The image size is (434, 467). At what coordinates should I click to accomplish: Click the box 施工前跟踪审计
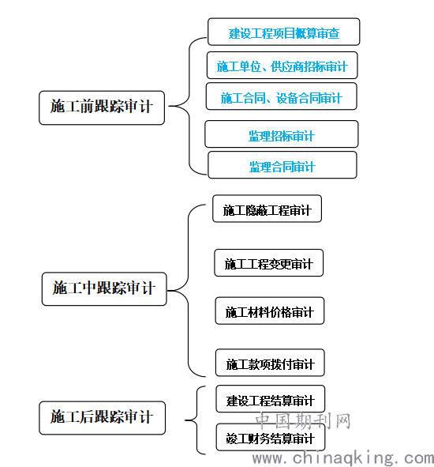(x=102, y=107)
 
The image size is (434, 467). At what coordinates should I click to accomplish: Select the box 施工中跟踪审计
(x=104, y=288)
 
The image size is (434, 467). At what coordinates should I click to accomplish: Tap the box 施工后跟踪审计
(x=102, y=417)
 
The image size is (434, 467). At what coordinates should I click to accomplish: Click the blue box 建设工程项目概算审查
(x=284, y=32)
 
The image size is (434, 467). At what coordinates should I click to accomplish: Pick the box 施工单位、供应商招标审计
(x=282, y=66)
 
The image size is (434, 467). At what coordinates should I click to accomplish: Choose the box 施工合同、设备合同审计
(x=282, y=96)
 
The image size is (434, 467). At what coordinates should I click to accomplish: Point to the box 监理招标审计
(x=282, y=134)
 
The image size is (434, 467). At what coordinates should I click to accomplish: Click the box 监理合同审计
(x=282, y=165)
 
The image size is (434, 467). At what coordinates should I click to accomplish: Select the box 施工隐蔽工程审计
(x=268, y=209)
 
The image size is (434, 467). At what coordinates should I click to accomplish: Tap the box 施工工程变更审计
(x=268, y=262)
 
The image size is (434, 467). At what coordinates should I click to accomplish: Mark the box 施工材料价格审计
(x=270, y=311)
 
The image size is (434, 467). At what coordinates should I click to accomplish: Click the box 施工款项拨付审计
(x=270, y=363)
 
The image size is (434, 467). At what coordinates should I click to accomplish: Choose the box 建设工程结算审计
(x=271, y=399)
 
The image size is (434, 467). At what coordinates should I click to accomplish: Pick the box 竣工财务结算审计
(x=271, y=437)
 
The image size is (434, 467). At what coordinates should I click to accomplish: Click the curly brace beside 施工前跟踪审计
(x=189, y=106)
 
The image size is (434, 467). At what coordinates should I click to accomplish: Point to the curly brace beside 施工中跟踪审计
(x=189, y=290)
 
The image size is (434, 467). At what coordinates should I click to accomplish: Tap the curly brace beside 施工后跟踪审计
(x=197, y=420)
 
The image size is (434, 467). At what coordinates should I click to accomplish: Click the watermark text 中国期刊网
(x=303, y=420)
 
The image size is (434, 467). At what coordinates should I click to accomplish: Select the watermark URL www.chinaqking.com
(x=342, y=458)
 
